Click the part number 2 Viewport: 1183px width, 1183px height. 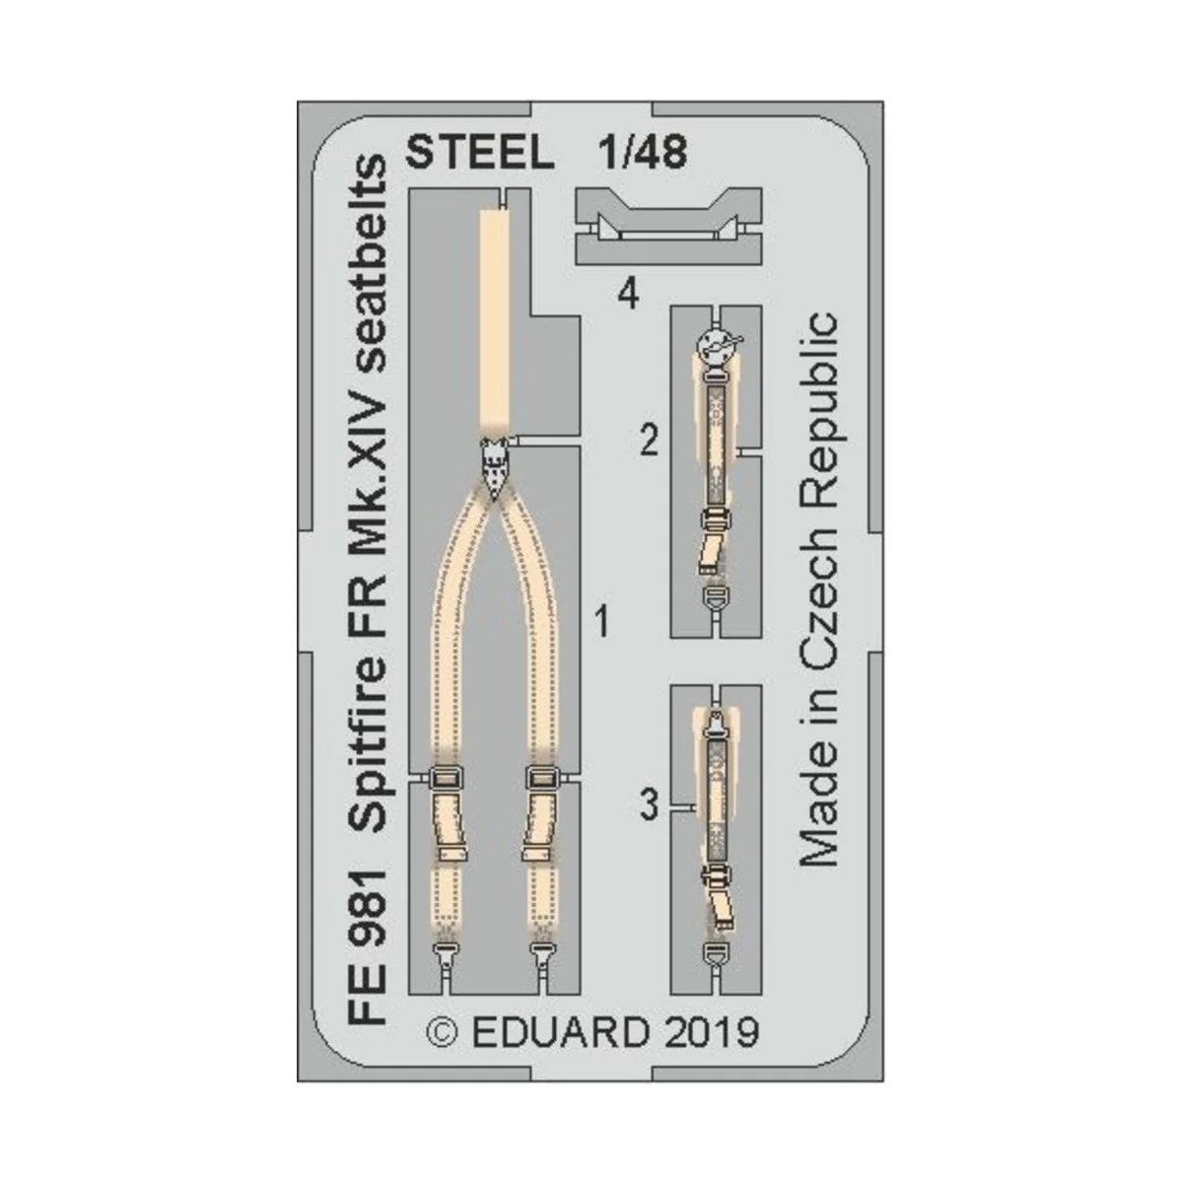[648, 442]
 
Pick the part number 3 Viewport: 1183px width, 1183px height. [648, 807]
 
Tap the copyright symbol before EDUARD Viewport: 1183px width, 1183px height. [444, 1033]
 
